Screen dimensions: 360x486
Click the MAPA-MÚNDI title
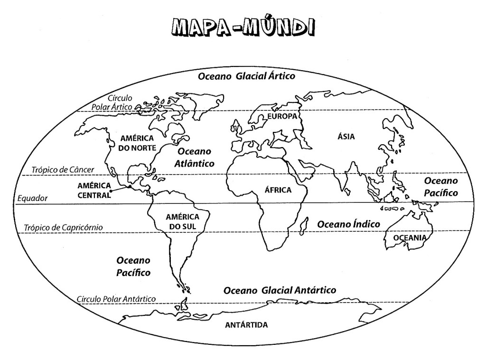243,27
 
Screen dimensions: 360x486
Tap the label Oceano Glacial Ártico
246,76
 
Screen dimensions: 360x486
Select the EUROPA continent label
282,116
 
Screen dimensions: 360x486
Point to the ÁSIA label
346,137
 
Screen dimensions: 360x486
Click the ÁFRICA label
277,190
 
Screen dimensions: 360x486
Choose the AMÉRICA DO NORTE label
137,142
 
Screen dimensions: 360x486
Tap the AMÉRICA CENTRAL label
94,190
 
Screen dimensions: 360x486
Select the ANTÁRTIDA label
246,325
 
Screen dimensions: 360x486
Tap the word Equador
32,199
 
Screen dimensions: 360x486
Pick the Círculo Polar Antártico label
116,299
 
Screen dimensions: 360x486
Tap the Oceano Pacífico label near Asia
441,187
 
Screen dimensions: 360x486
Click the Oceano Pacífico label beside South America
133,267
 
